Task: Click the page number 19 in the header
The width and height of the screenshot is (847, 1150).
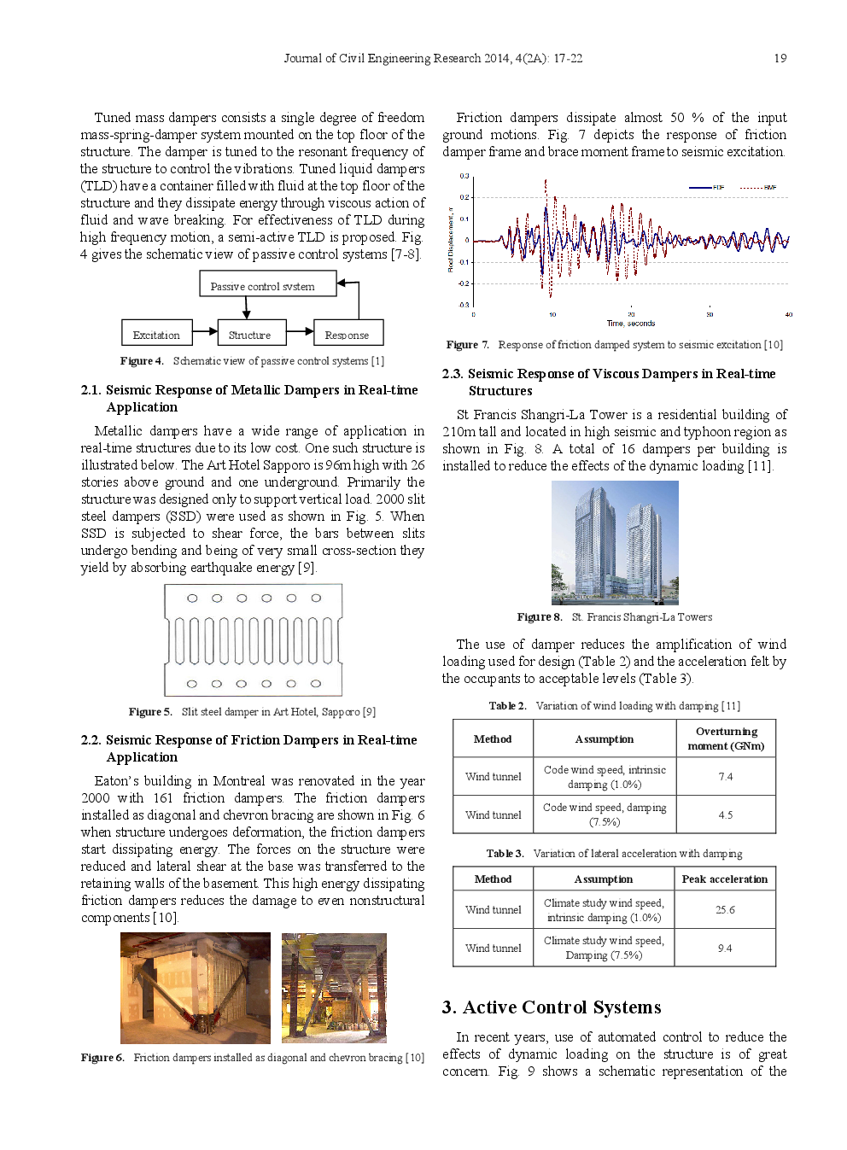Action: click(x=780, y=58)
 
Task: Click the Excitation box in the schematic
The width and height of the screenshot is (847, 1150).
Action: click(x=156, y=334)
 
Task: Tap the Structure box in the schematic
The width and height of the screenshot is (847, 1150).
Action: click(x=250, y=334)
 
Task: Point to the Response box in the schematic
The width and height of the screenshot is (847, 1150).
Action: click(x=348, y=334)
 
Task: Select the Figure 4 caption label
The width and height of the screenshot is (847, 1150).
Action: click(x=142, y=361)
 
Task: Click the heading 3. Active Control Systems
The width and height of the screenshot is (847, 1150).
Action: click(x=551, y=1007)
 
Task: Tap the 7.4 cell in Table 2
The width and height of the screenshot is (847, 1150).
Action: click(x=725, y=777)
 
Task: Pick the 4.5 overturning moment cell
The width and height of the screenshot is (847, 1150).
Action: click(x=725, y=815)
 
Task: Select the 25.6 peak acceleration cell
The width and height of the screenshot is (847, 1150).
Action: click(x=725, y=910)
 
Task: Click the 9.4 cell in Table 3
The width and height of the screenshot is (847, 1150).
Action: click(x=725, y=949)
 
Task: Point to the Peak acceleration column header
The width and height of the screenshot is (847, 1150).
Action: click(x=724, y=879)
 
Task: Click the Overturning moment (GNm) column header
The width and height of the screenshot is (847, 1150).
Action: click(x=726, y=738)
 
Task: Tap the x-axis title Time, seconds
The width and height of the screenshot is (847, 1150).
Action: click(x=631, y=324)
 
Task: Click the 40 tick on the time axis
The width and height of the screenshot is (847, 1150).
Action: click(x=788, y=314)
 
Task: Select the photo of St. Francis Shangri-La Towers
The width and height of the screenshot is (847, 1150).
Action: click(x=615, y=542)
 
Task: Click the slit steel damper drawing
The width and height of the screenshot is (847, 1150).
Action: click(x=254, y=639)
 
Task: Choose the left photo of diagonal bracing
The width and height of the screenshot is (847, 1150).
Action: click(x=195, y=988)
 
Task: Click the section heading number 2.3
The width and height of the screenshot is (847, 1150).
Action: click(x=452, y=374)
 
